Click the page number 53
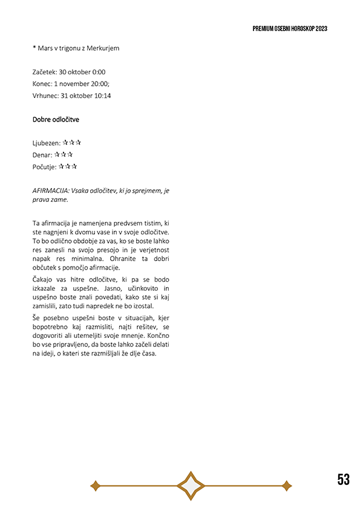click(x=344, y=480)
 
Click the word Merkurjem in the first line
click(x=103, y=48)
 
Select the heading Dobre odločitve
click(x=56, y=120)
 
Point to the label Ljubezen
click(x=46, y=143)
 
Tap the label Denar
click(x=42, y=155)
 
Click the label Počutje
click(x=44, y=167)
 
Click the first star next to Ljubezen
click(x=65, y=143)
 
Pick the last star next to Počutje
click(x=74, y=166)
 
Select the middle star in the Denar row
click(x=64, y=155)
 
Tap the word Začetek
click(x=45, y=72)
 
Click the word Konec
click(x=42, y=83)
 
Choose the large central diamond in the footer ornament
click(x=191, y=485)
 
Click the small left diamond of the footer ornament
click(x=95, y=485)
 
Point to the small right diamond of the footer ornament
click(x=287, y=485)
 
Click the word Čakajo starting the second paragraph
click(x=44, y=279)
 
